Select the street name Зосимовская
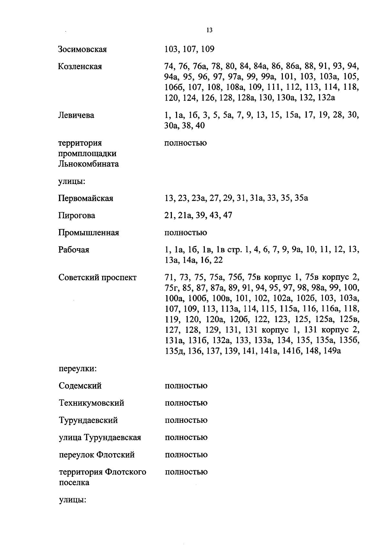pyautogui.click(x=83, y=49)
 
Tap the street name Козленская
pyautogui.click(x=80, y=66)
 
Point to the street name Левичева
pyautogui.click(x=76, y=115)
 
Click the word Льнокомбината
pyautogui.click(x=88, y=164)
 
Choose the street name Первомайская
pyautogui.click(x=86, y=198)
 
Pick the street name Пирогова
pyautogui.click(x=77, y=215)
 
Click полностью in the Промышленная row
pyautogui.click(x=185, y=233)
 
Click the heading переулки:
pyautogui.click(x=78, y=369)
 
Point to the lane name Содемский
pyautogui.click(x=80, y=386)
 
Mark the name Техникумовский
pyautogui.click(x=92, y=403)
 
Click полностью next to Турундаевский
pyautogui.click(x=186, y=420)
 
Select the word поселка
pyautogui.click(x=74, y=483)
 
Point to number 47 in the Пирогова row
pyautogui.click(x=227, y=215)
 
